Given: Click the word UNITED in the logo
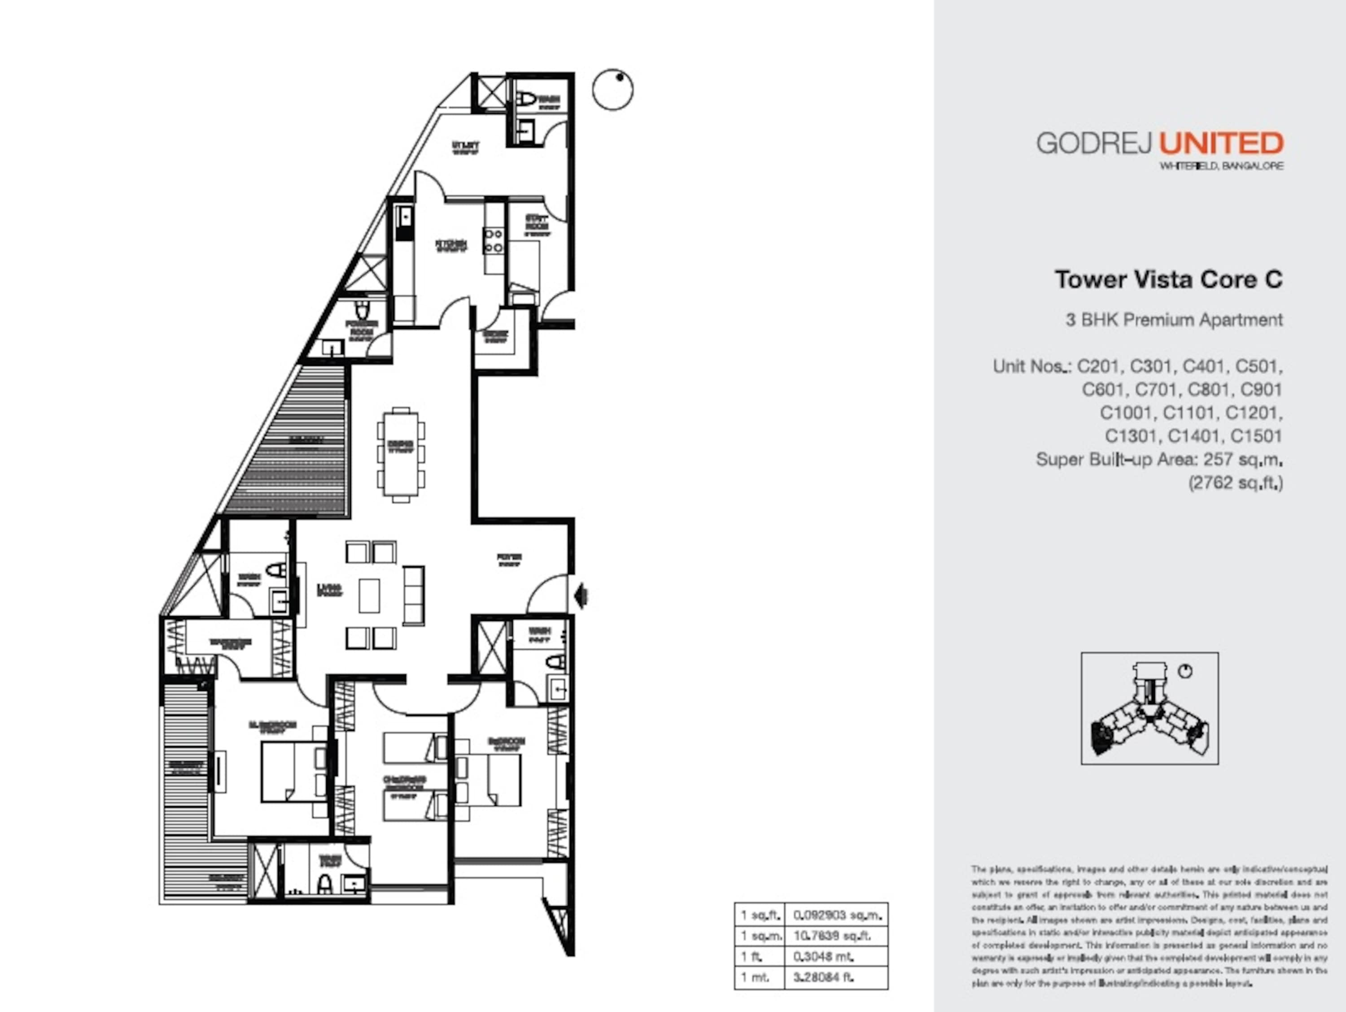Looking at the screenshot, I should [1221, 143].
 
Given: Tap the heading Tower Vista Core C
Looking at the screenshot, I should [1168, 280].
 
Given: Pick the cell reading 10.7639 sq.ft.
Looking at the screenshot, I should [831, 936].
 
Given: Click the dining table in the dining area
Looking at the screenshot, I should [400, 454].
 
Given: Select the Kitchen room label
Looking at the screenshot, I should [451, 244].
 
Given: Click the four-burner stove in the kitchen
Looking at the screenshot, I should [493, 240].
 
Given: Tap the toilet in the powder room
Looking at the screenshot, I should [362, 310].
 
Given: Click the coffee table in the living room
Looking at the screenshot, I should [369, 595].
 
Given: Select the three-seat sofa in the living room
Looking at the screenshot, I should [414, 595].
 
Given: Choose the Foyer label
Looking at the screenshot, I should [509, 558].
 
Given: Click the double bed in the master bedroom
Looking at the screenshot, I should [293, 772].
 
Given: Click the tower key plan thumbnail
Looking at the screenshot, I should [1149, 708].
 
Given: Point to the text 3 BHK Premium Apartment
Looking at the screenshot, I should [1174, 320].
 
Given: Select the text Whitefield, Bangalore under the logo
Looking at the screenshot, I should [1221, 166].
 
